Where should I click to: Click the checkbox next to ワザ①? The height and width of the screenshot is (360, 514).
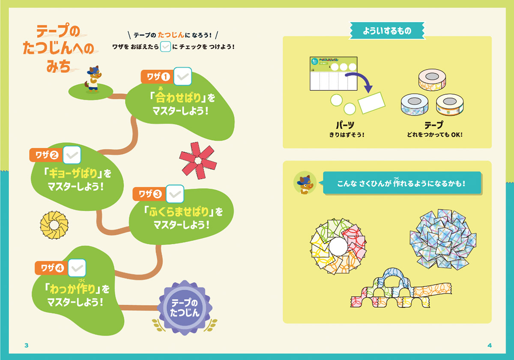coord(182,76)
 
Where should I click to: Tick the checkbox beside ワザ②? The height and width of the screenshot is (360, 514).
coord(72,154)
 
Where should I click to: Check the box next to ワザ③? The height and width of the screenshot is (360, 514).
coord(175,194)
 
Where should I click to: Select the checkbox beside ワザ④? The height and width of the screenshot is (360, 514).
coord(77,268)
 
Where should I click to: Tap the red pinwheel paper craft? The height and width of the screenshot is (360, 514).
coord(197,160)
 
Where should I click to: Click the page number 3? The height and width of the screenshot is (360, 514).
coord(27,345)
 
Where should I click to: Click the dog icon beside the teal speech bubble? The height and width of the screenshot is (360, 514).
coord(305,183)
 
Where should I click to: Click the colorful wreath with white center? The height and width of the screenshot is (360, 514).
coord(338,246)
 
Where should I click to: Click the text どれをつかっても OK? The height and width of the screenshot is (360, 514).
coord(434,135)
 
